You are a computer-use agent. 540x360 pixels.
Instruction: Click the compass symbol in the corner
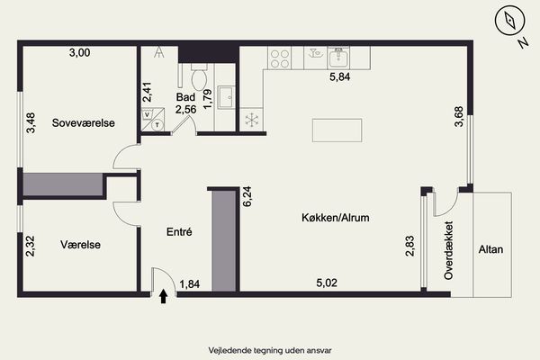(509, 21)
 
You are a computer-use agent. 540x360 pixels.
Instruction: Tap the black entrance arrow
(164, 296)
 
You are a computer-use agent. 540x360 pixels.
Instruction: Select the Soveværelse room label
(84, 123)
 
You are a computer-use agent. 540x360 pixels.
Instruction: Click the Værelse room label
(81, 245)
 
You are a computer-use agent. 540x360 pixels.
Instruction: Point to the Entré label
(179, 232)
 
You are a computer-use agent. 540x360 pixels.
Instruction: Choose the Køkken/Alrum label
(336, 218)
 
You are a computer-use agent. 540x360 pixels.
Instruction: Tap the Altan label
(490, 249)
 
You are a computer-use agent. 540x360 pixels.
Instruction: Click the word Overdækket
(448, 250)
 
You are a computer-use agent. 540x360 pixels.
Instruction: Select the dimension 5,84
(340, 76)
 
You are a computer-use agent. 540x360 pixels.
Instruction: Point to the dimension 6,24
(247, 196)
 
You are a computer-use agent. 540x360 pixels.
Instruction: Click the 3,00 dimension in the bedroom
(79, 53)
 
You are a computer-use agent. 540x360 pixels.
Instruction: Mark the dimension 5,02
(327, 283)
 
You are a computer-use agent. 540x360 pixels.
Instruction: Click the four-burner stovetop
(280, 58)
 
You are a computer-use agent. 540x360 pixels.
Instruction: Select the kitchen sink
(338, 58)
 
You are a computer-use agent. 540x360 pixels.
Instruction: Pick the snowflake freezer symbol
(252, 120)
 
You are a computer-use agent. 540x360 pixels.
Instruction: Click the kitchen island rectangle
(337, 130)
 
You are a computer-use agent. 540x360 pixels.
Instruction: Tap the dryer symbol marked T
(157, 124)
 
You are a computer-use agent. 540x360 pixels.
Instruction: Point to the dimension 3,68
(459, 117)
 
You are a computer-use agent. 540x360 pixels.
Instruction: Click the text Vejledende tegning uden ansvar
(270, 351)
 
